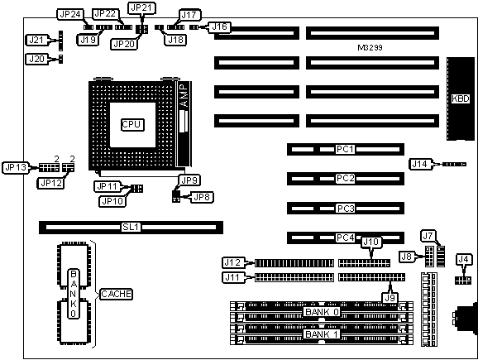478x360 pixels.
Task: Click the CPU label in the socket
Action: [x=132, y=124]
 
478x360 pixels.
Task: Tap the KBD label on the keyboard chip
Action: [x=461, y=98]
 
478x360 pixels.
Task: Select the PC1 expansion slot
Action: [x=346, y=149]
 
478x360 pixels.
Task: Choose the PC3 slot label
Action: [x=346, y=209]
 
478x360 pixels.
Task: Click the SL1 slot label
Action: [x=131, y=227]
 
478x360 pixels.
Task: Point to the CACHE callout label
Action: [x=116, y=294]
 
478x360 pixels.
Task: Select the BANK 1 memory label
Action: [x=322, y=334]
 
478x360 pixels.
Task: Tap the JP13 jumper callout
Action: [x=16, y=167]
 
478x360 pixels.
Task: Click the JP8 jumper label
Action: [x=202, y=198]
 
